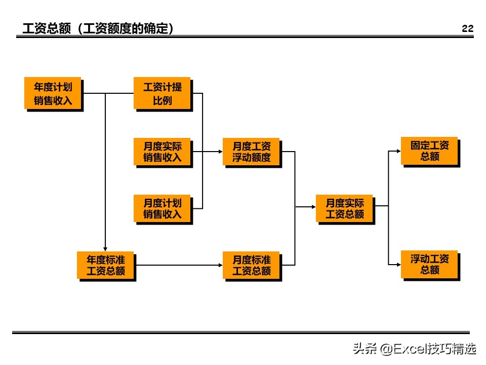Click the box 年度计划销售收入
53,93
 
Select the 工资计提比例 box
162,93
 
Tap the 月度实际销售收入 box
162,151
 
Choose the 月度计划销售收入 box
162,208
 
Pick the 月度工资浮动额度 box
251,151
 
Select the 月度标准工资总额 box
251,265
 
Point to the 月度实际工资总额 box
344,208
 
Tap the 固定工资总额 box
429,151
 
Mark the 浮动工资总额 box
429,264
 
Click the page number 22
467,29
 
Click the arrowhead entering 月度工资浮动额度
220,151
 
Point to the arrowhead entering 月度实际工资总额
313,207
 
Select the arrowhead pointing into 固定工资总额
398,151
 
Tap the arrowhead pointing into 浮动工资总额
398,264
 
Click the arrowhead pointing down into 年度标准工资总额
105,248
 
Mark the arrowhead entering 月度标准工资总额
220,265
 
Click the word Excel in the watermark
410,349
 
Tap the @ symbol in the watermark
386,349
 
